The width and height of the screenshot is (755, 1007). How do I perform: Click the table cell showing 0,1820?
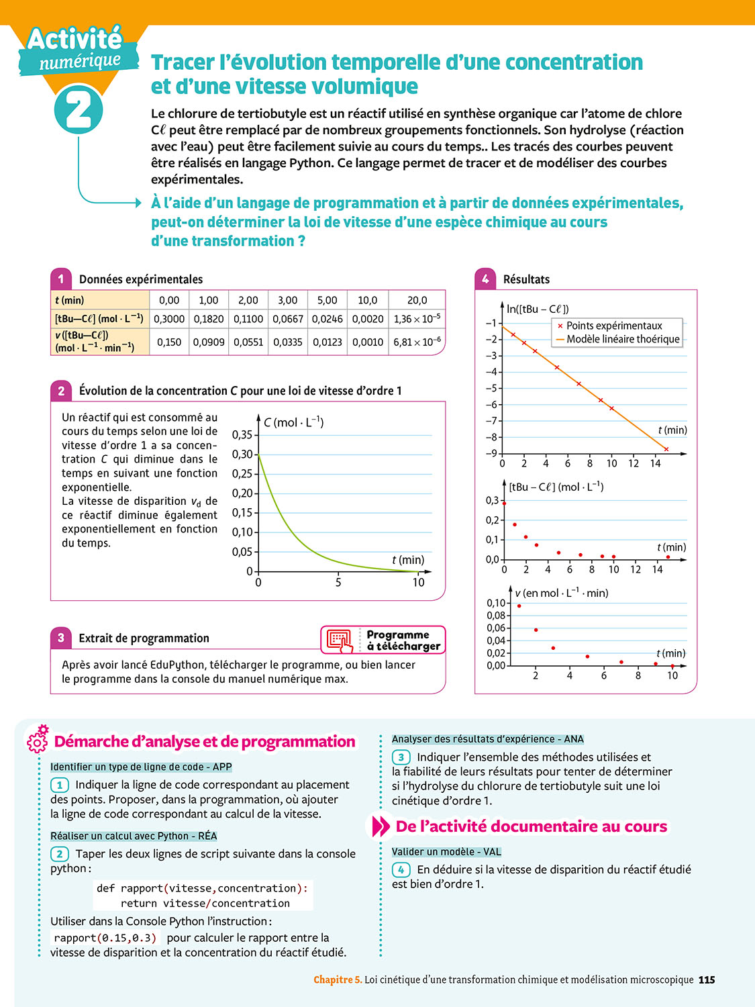(208, 319)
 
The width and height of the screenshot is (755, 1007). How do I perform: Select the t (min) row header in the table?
(70, 300)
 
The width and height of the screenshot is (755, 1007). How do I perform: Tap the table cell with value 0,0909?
(208, 342)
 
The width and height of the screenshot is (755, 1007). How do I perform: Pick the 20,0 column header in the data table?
(417, 300)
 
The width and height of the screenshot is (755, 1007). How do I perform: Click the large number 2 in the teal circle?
(79, 111)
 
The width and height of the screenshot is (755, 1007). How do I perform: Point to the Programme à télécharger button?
(383, 640)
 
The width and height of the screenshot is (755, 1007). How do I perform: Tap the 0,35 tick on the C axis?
(242, 434)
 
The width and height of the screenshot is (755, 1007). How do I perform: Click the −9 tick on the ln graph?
(491, 453)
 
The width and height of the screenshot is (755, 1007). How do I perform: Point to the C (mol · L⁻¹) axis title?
(293, 422)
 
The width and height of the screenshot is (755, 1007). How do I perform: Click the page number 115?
(707, 979)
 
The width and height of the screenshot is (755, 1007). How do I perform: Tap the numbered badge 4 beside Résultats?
(485, 279)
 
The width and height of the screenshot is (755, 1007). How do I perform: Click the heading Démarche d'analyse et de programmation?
(205, 742)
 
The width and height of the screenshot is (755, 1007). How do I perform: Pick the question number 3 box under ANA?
(401, 757)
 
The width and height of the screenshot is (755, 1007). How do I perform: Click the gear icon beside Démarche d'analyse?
(38, 739)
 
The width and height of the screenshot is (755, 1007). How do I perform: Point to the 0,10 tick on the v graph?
(496, 603)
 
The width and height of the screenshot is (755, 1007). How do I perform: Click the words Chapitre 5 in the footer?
(338, 979)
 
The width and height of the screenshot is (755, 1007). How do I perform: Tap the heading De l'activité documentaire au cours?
(531, 826)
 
